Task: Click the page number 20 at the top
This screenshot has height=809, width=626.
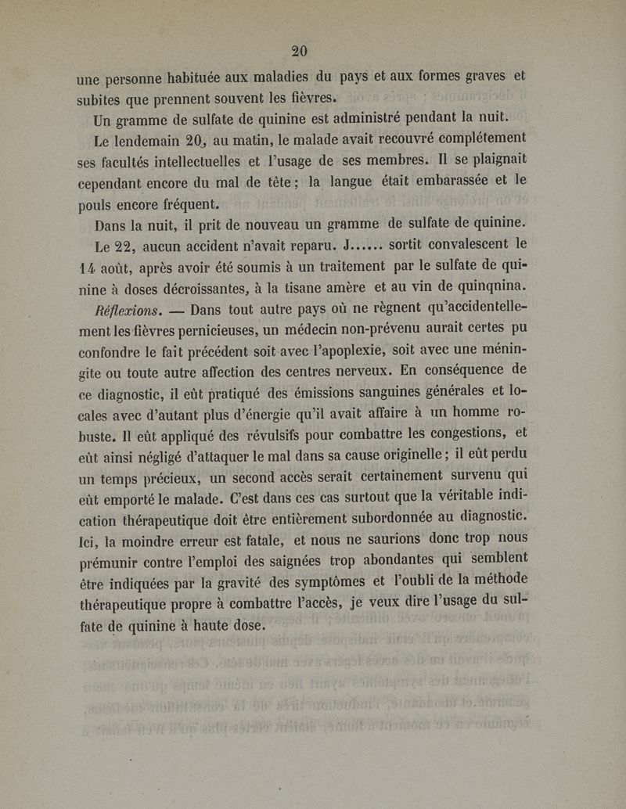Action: point(299,51)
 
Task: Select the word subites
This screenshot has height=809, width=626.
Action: point(102,99)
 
